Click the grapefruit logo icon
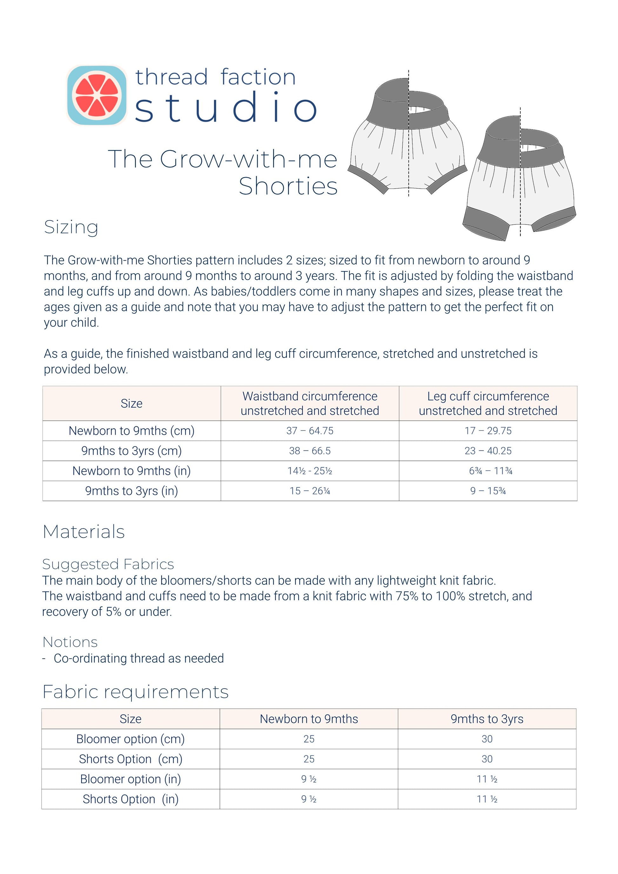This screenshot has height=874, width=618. click(97, 95)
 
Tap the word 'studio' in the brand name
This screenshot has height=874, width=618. click(226, 108)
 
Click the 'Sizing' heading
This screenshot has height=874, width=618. click(71, 227)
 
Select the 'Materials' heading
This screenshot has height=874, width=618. click(84, 531)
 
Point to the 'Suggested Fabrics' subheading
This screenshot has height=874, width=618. click(108, 564)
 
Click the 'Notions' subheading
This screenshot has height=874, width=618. click(70, 642)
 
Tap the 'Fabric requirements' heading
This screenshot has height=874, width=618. click(136, 692)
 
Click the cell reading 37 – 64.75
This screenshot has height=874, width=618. click(310, 430)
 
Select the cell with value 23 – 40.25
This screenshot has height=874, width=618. click(488, 451)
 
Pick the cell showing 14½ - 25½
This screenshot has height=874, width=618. click(310, 471)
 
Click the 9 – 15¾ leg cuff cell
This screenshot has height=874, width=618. click(488, 491)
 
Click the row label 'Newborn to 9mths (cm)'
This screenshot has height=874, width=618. click(131, 430)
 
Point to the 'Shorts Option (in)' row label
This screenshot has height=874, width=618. click(130, 799)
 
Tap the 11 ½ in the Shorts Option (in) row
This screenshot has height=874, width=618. click(487, 799)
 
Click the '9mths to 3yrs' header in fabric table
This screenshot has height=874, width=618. click(487, 719)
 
